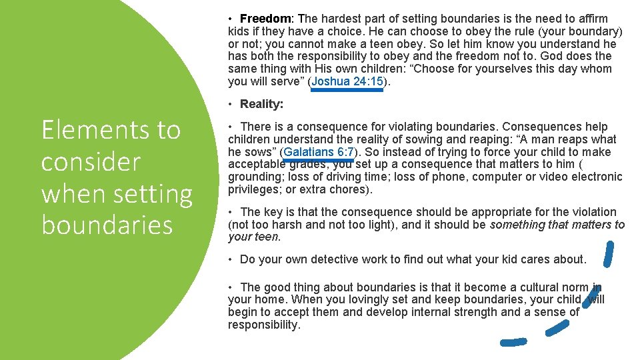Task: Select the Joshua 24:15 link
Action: (347, 81)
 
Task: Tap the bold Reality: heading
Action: (261, 104)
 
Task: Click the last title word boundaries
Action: (107, 225)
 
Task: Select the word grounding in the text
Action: (256, 177)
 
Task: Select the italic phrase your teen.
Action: (254, 237)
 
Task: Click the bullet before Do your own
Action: (230, 259)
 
